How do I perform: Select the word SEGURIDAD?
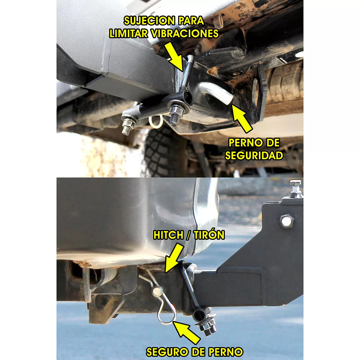pos(254,155)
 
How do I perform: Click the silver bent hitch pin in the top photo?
pos(217,91)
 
